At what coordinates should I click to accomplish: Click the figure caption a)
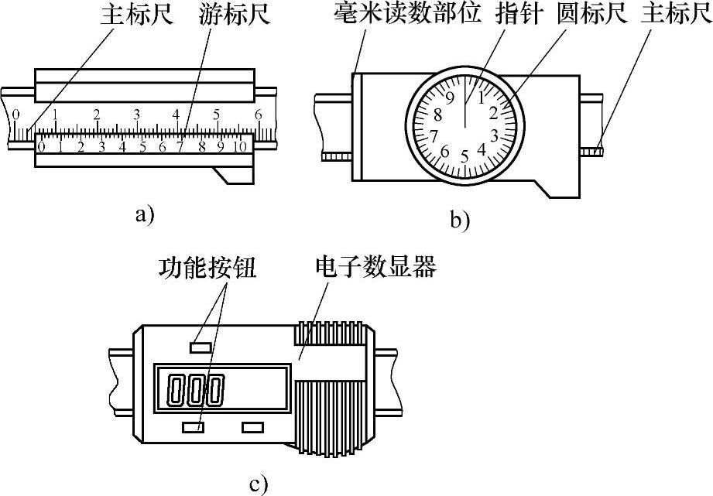click(144, 214)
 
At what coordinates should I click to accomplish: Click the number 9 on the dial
click(449, 98)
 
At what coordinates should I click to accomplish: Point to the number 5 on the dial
click(464, 157)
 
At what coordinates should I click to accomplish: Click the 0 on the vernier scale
click(41, 146)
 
